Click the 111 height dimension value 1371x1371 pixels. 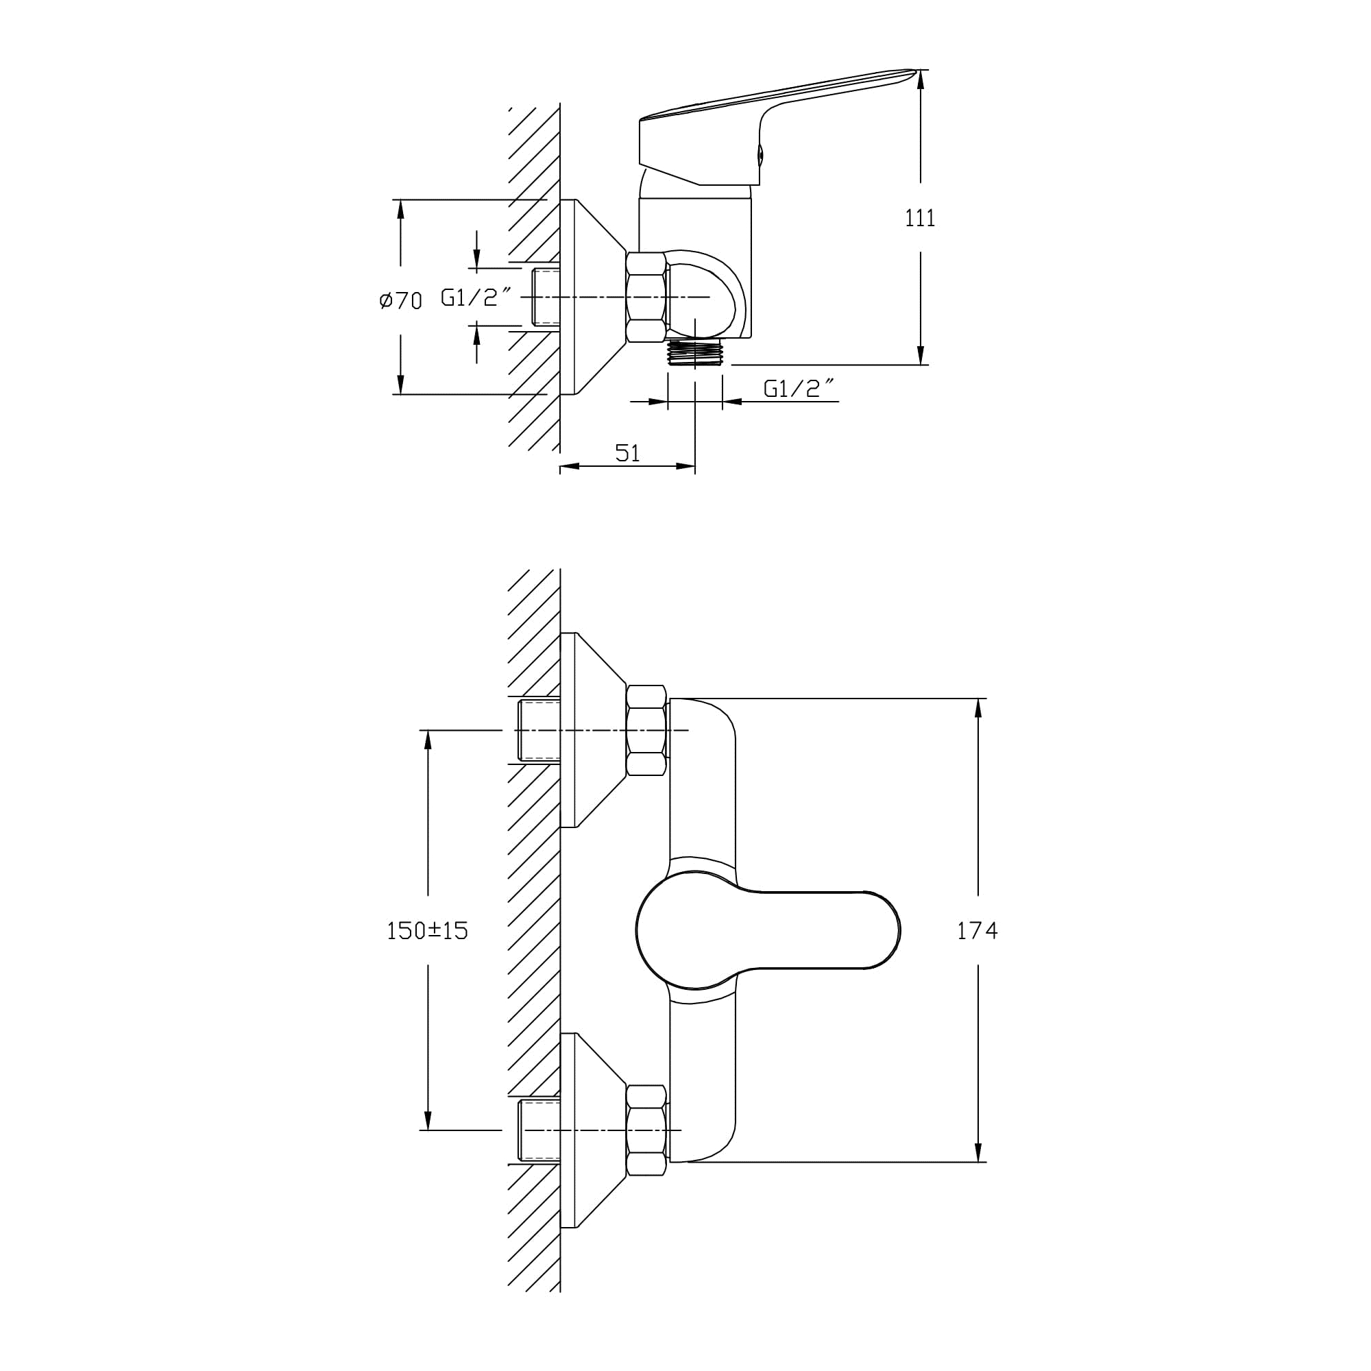coord(920,218)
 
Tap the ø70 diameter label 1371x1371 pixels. coord(401,300)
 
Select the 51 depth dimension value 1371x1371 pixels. coord(627,452)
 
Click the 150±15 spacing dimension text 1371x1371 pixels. coord(427,930)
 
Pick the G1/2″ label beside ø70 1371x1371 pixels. coord(477,298)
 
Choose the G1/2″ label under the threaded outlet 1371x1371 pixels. coord(799,388)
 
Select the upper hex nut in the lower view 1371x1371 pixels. coord(646,730)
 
